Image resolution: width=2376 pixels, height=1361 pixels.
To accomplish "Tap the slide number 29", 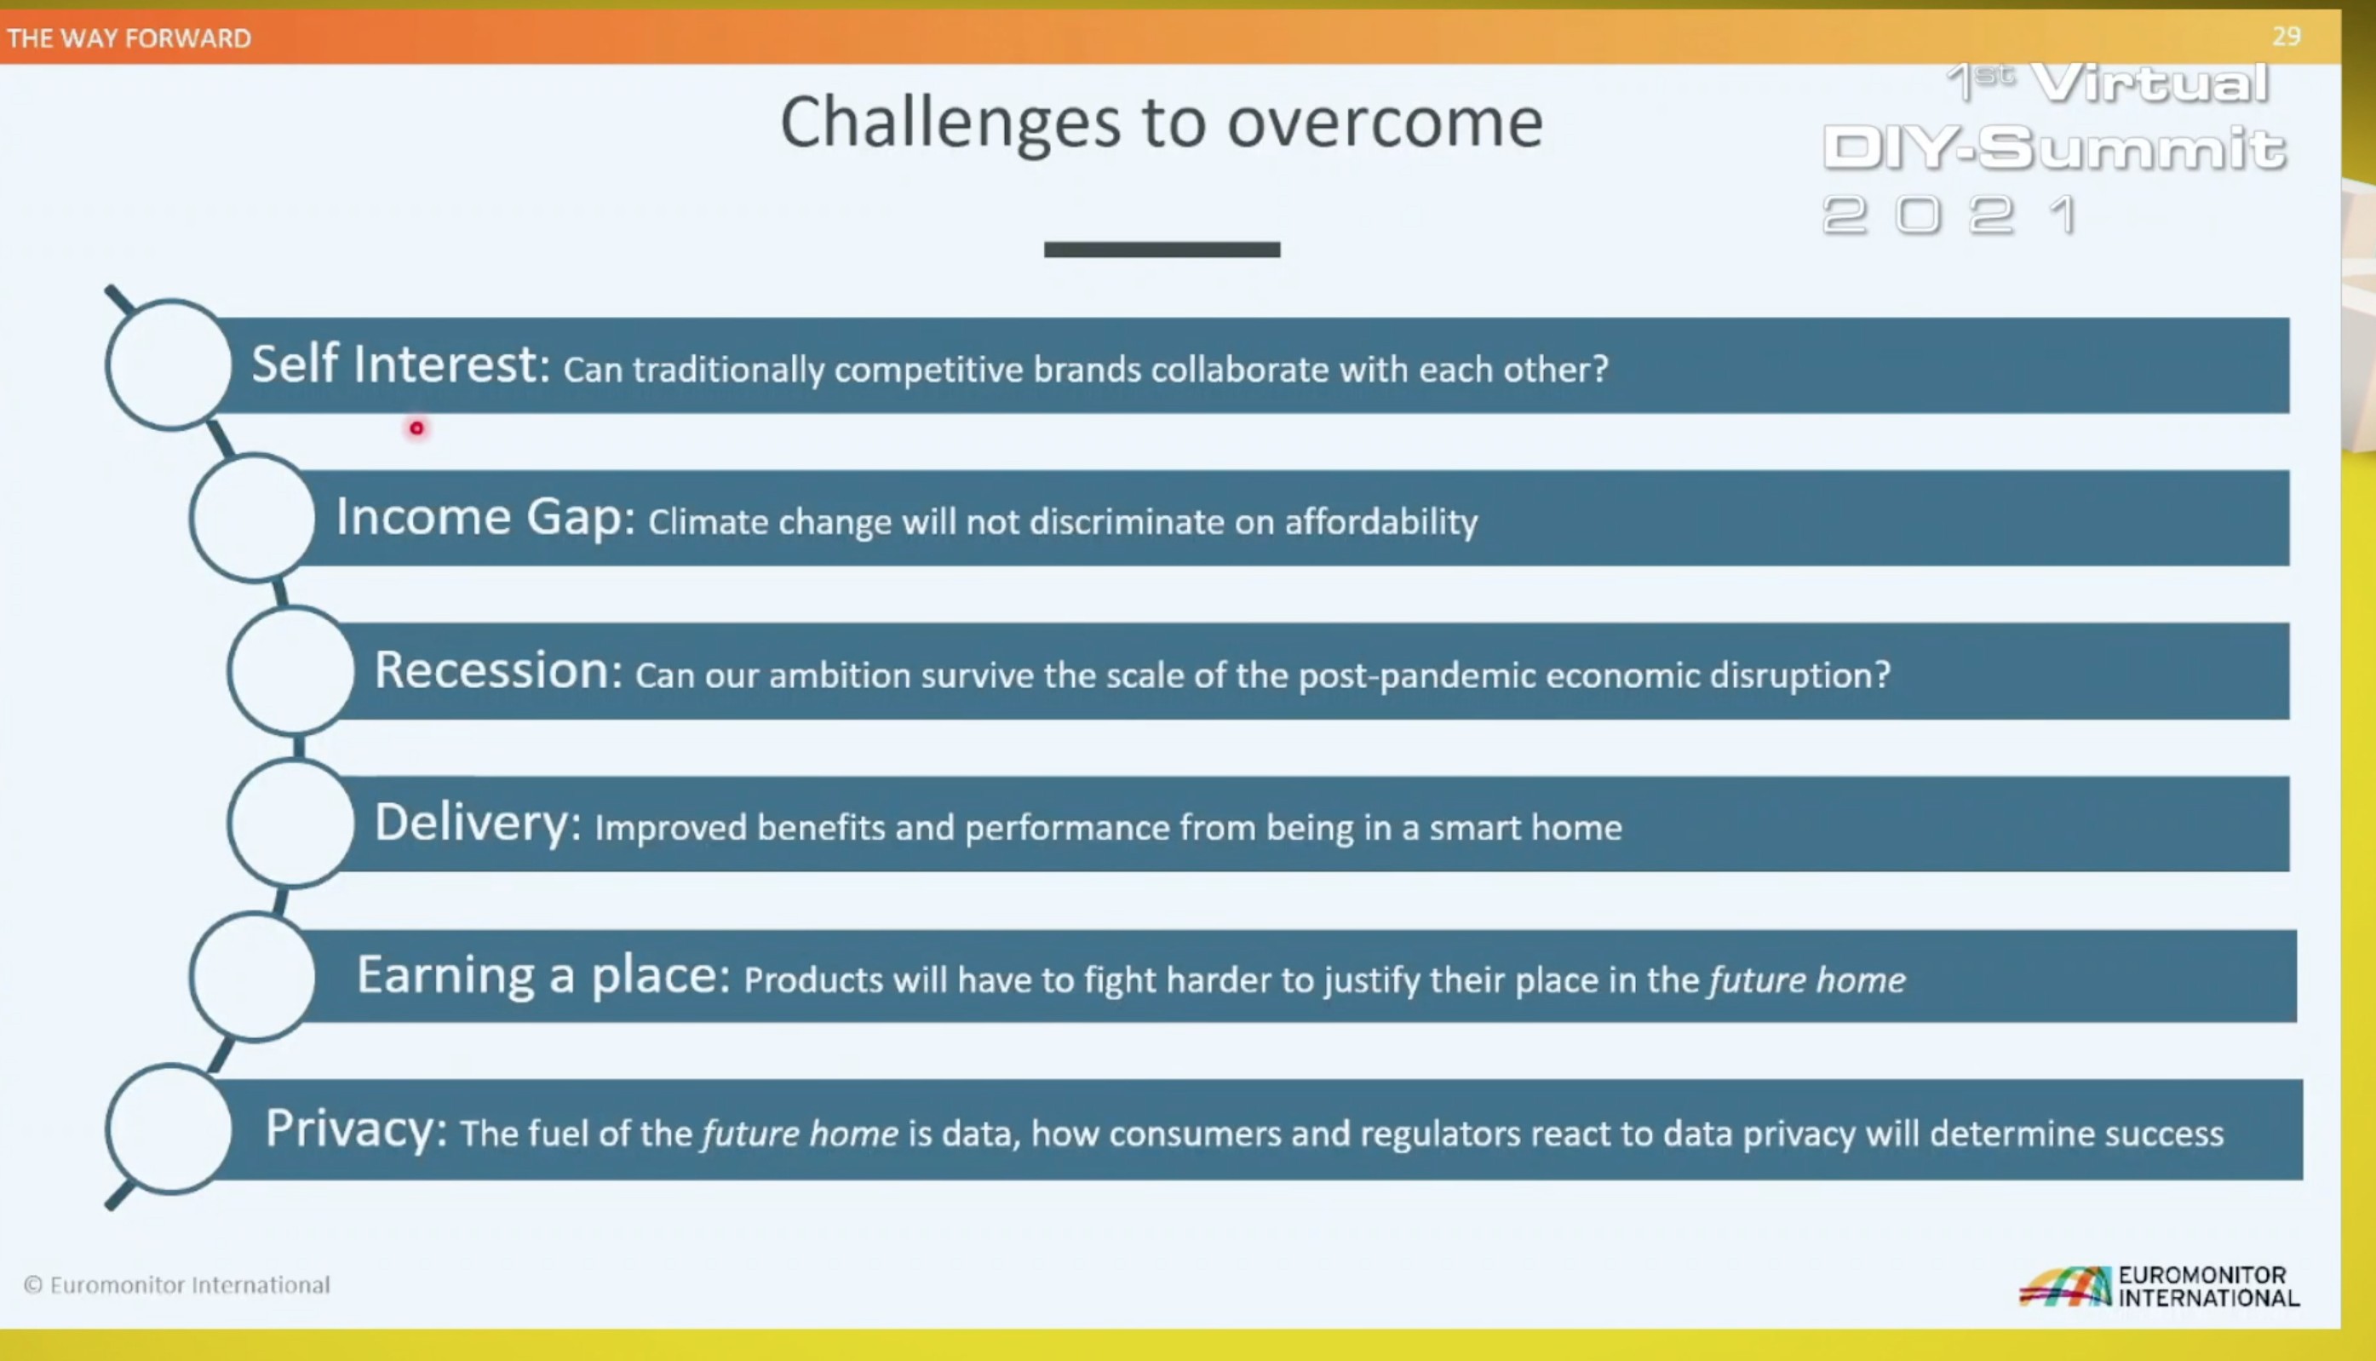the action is [2287, 37].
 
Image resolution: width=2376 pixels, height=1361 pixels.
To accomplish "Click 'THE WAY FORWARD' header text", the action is [129, 38].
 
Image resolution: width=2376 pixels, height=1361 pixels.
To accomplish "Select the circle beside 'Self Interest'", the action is [108, 365].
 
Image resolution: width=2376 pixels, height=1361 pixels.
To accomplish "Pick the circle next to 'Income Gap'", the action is [193, 518].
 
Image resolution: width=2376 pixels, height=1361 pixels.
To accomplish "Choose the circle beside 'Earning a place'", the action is [193, 976].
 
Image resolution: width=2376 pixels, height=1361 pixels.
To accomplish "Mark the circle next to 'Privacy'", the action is [109, 1128].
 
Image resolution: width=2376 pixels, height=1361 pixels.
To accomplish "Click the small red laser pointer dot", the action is [416, 428].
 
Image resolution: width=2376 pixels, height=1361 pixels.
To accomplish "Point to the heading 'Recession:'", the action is [498, 670].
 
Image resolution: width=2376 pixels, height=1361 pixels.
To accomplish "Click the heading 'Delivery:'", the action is [478, 824].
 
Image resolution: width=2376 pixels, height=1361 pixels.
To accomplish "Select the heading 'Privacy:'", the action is [356, 1129].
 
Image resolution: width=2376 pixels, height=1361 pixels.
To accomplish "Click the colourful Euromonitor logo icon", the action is [2065, 1286].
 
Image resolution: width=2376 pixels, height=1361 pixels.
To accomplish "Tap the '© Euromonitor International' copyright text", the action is [176, 1285].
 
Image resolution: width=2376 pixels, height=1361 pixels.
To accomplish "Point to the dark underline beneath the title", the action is [1162, 250].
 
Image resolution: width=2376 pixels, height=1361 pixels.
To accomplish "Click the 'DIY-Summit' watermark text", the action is [2054, 149].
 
